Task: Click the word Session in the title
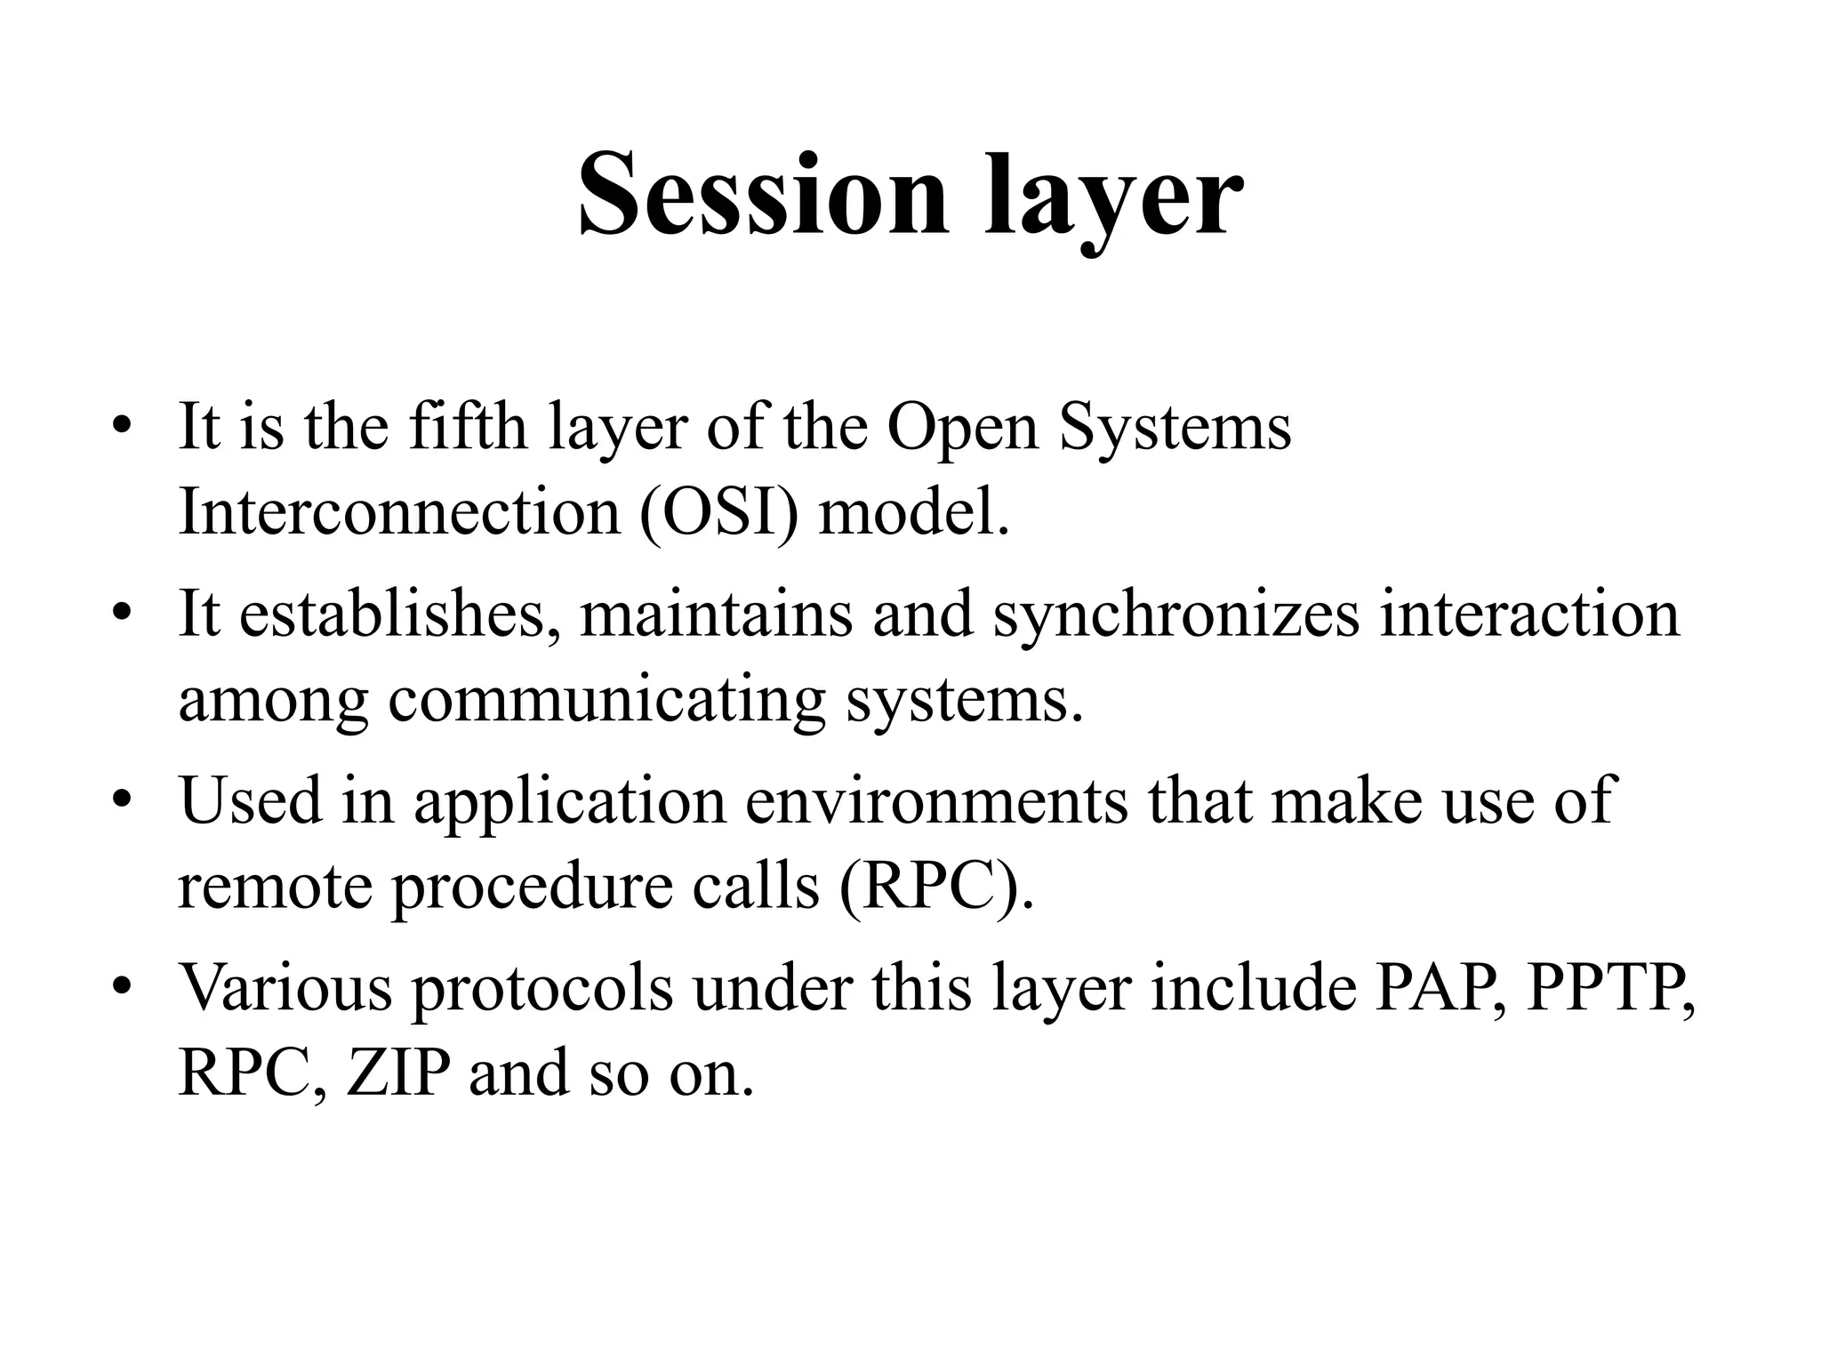click(763, 195)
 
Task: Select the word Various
click(285, 987)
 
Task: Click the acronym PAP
click(1440, 987)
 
